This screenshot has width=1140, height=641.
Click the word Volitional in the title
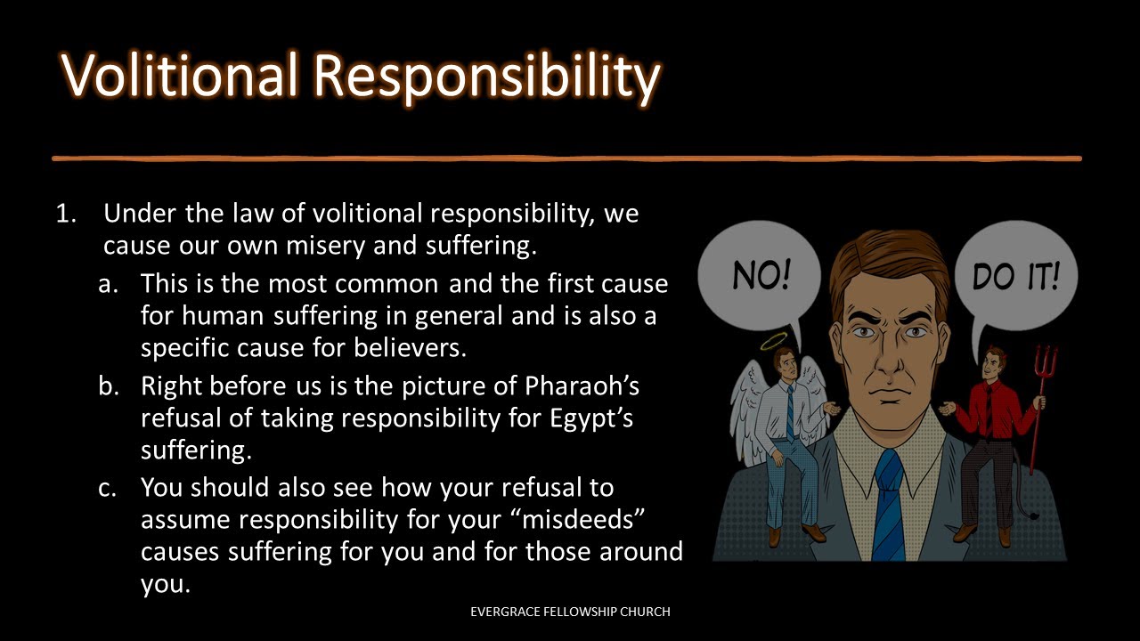[x=178, y=76]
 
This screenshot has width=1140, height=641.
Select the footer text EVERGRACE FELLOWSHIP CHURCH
[x=570, y=612]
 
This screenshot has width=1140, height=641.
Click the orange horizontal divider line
[x=566, y=158]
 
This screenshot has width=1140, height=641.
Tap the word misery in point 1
[x=322, y=246]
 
